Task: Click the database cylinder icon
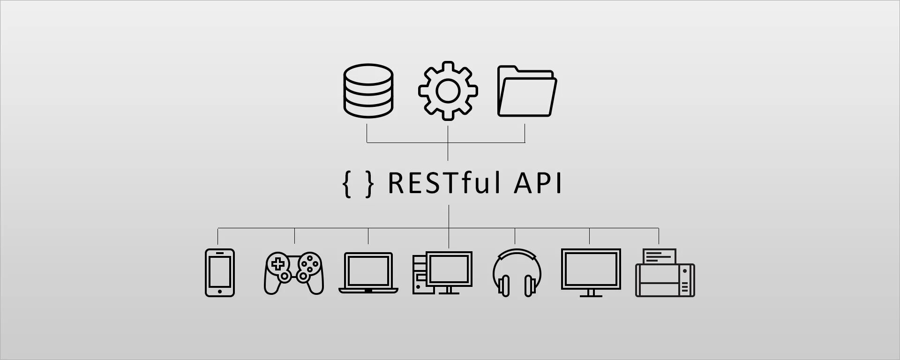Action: pos(368,90)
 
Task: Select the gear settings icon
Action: pos(448,90)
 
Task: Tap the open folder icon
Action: pos(527,91)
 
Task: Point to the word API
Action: pos(538,183)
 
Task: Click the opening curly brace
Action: pos(347,184)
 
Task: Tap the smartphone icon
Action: pos(220,272)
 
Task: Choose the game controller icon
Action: pos(294,273)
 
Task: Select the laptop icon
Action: pos(368,273)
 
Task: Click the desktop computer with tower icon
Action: pos(442,273)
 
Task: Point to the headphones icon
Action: pos(517,273)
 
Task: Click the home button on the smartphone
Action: pos(220,292)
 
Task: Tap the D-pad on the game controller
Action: pos(278,264)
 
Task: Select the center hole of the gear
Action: pos(448,90)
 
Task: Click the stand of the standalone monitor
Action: pos(591,293)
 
